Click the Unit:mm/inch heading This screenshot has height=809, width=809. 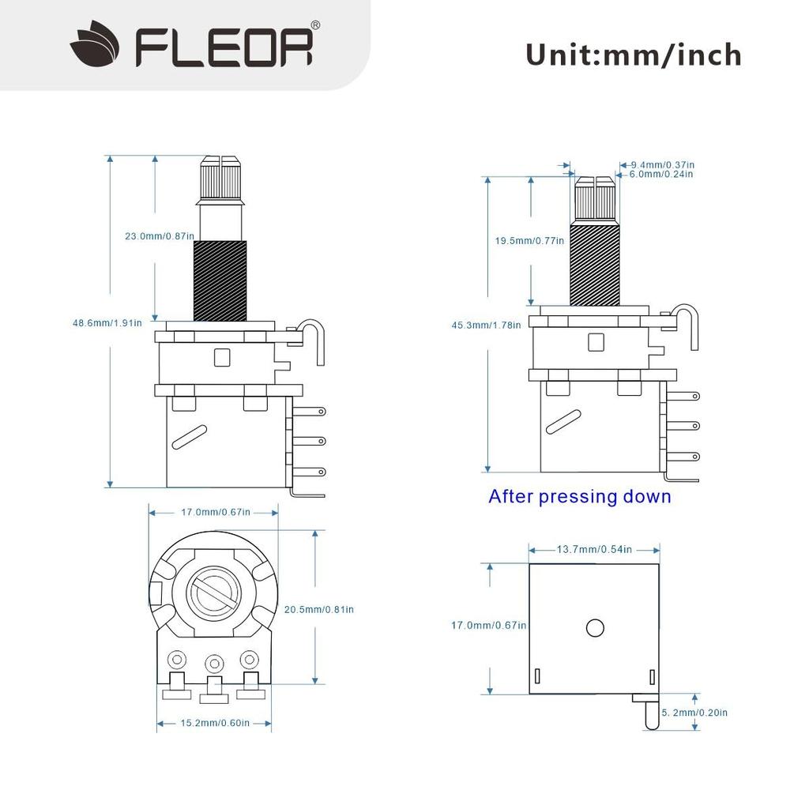634,55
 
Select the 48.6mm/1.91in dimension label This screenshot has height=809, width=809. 107,322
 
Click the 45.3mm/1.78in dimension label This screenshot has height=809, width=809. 486,325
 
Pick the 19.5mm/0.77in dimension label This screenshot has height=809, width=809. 529,240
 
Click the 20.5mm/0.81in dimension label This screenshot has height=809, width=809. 319,609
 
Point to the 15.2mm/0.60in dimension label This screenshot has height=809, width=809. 216,723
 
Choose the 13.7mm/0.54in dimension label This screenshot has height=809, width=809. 594,549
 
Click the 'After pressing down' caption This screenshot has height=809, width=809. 579,497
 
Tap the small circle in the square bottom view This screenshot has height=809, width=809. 595,627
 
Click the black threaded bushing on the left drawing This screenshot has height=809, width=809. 220,280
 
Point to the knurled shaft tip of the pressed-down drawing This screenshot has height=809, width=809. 594,200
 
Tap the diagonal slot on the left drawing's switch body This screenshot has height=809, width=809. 190,435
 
